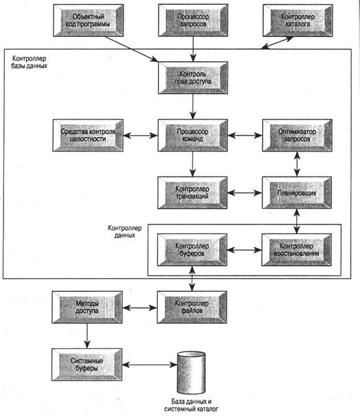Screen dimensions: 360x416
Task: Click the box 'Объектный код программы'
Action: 89,20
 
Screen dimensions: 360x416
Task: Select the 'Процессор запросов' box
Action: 193,20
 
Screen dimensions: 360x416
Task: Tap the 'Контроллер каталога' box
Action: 298,20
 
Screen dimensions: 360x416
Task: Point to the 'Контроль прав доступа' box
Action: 193,78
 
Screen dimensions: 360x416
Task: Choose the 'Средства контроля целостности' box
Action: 88,135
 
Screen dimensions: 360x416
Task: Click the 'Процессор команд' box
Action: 193,135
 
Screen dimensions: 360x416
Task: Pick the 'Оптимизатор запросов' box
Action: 297,135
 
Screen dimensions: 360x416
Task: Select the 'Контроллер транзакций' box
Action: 192,193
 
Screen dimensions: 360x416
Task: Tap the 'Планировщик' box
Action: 297,193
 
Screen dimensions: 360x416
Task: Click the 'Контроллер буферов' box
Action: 192,250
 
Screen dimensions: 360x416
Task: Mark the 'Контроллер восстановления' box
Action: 297,250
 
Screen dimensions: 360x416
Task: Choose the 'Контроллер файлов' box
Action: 192,308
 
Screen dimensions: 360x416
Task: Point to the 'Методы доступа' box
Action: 87,308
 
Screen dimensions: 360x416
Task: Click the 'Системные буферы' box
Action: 87,365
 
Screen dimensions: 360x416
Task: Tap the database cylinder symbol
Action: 191,373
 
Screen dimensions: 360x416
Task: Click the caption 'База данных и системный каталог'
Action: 191,405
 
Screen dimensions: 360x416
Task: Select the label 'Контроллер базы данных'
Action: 30,62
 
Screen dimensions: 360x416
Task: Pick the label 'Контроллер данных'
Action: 125,231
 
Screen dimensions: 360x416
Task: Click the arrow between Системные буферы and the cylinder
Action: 150,365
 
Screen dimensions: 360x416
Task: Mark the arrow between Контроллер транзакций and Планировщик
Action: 245,193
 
